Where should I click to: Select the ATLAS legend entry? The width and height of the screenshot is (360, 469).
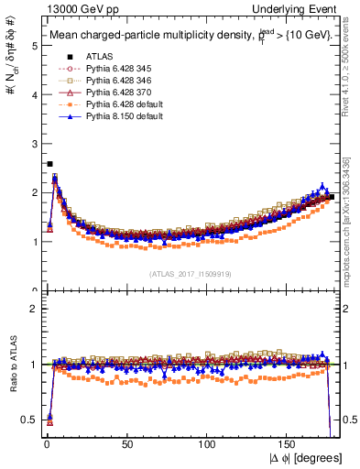[98, 53]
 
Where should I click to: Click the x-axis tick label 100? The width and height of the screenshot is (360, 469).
[207, 442]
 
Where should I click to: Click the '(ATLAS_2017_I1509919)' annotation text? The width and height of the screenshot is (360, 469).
[191, 273]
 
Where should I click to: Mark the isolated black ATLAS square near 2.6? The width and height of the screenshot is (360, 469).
[49, 164]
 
